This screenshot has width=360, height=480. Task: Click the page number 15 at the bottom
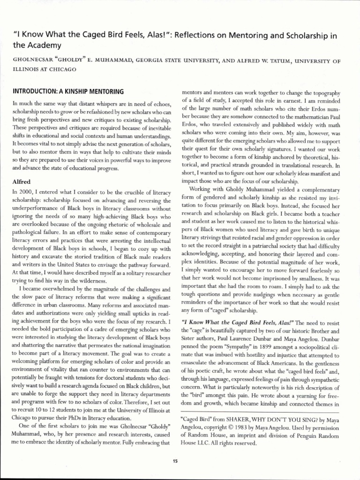coord(175,461)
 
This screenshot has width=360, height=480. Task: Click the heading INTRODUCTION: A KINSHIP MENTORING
coord(68,91)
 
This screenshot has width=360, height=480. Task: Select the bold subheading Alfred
coord(22,180)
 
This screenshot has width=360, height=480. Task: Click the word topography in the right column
coord(324,92)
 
